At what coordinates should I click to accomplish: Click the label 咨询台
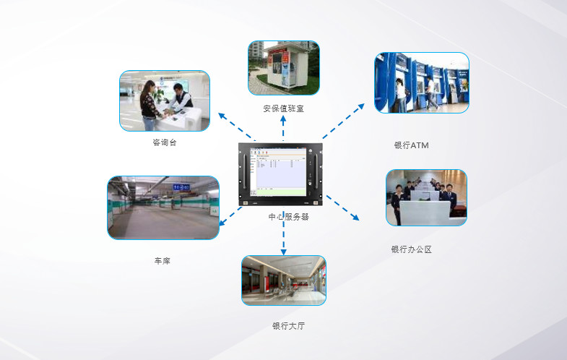pos(165,142)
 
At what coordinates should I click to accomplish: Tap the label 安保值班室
pos(283,108)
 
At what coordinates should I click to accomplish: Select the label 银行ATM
pos(412,145)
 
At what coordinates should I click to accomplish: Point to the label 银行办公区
pos(412,249)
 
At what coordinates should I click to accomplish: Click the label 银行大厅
pos(288,326)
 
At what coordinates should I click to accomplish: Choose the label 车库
pos(162,260)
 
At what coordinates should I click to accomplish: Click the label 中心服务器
pos(289,217)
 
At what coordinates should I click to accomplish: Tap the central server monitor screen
pos(278,172)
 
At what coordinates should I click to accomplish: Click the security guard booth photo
pos(284,68)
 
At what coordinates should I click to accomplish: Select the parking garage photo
pos(163,207)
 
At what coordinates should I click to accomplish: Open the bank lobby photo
pos(284,280)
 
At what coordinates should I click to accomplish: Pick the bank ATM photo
pos(422,82)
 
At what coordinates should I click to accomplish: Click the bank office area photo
pos(426,197)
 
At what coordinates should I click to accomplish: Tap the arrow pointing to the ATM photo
pos(343,121)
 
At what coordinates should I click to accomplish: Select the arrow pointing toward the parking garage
pos(230,216)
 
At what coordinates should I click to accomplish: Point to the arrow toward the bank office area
pos(342,207)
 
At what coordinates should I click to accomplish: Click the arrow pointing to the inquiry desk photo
pos(237,127)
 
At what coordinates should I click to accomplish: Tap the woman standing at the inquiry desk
pos(149,106)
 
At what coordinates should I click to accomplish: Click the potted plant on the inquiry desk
pos(158,95)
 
